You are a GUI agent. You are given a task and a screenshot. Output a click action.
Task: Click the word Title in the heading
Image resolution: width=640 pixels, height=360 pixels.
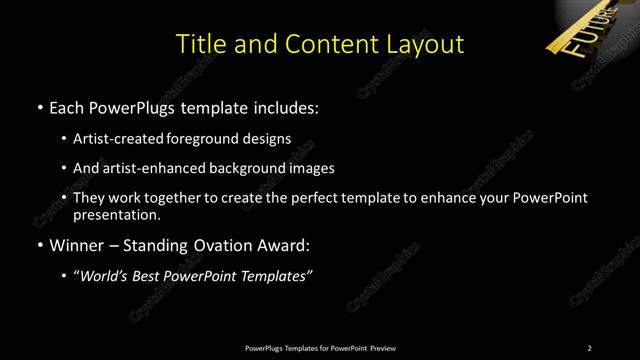[x=200, y=44]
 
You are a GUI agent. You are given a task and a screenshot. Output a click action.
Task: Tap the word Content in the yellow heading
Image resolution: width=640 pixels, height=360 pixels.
[x=325, y=44]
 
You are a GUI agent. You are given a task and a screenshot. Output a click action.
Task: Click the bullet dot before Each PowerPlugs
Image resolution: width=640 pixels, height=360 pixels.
[x=38, y=106]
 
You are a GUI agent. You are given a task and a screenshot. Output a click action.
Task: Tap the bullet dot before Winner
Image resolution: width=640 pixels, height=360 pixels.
[x=38, y=245]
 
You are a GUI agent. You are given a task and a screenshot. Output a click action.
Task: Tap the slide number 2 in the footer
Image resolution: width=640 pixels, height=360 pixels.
[x=590, y=348]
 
